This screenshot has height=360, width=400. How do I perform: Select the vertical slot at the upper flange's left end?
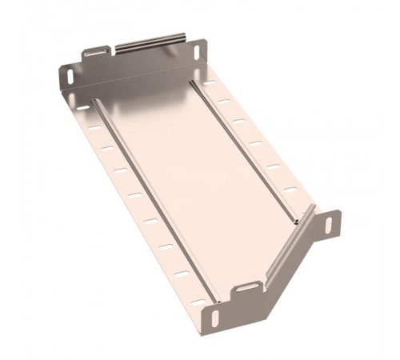(70, 78)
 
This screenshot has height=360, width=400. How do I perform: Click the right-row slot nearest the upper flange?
(209, 83)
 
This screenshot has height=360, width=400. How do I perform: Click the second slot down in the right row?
(224, 102)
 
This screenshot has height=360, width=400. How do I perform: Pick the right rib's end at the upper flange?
(193, 81)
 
